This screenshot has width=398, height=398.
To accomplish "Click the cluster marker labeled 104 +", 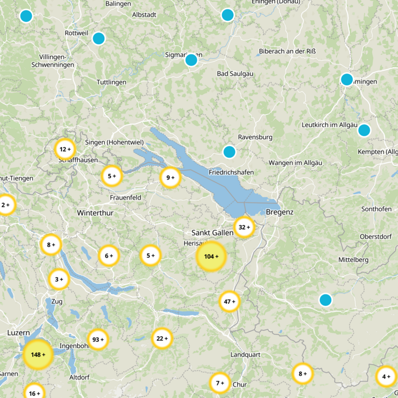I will click(211, 256).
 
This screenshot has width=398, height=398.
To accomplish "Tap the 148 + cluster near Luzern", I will click(38, 354).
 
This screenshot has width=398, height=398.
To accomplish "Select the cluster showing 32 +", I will click(244, 227).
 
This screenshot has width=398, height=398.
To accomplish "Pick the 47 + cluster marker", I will click(230, 301).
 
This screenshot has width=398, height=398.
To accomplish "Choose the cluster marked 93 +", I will click(98, 339).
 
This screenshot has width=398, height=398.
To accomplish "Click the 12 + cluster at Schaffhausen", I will click(65, 149).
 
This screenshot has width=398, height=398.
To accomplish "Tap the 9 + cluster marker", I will click(171, 177).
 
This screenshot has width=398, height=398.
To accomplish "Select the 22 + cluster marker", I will click(162, 338).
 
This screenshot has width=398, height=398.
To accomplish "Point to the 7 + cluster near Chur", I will click(219, 383).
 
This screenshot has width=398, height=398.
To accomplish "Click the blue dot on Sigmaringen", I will click(191, 60).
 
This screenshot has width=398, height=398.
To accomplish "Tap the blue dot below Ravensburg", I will click(229, 152).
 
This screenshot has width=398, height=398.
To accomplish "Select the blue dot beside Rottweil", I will click(99, 38).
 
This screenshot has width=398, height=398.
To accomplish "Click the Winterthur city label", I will click(96, 212).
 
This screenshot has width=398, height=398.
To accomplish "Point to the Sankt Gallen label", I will click(212, 232).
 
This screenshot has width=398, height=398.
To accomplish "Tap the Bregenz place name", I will click(280, 212).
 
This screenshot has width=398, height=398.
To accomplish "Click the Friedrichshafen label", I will click(231, 172).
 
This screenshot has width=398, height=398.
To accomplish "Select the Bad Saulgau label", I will click(235, 74).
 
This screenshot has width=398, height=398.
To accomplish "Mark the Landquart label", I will click(245, 355).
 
